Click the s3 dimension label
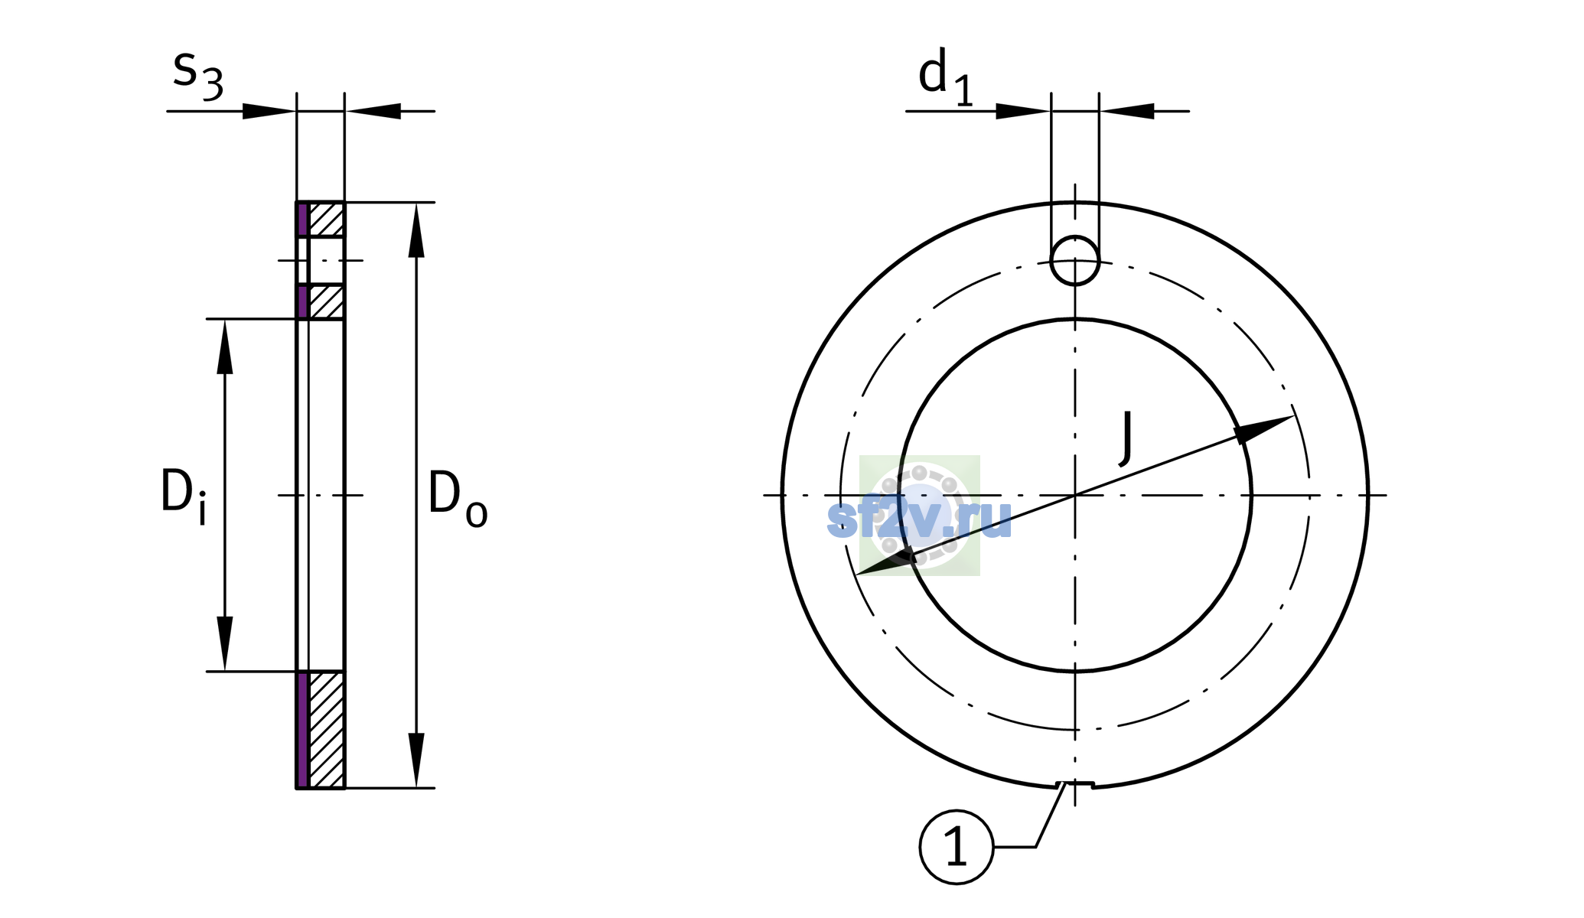(x=198, y=75)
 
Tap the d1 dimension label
(x=946, y=76)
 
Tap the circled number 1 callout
(x=957, y=847)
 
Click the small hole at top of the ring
(x=1075, y=260)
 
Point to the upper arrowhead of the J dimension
(x=1263, y=428)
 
